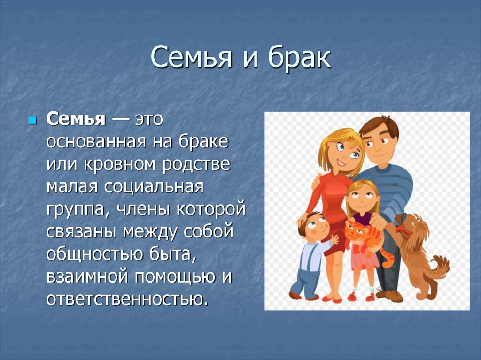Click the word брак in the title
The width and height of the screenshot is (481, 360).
pyautogui.click(x=299, y=57)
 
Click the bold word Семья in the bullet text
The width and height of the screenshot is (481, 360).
pyautogui.click(x=76, y=119)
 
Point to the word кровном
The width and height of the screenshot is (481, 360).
pyautogui.click(x=119, y=165)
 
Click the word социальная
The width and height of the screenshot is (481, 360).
pyautogui.click(x=154, y=187)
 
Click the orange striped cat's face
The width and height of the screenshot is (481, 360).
pyautogui.click(x=355, y=234)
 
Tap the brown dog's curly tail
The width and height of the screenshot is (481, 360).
pyautogui.click(x=441, y=267)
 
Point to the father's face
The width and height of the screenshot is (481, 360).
pyautogui.click(x=379, y=144)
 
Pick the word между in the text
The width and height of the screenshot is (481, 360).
pyautogui.click(x=150, y=232)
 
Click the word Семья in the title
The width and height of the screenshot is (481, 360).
pyautogui.click(x=191, y=57)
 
